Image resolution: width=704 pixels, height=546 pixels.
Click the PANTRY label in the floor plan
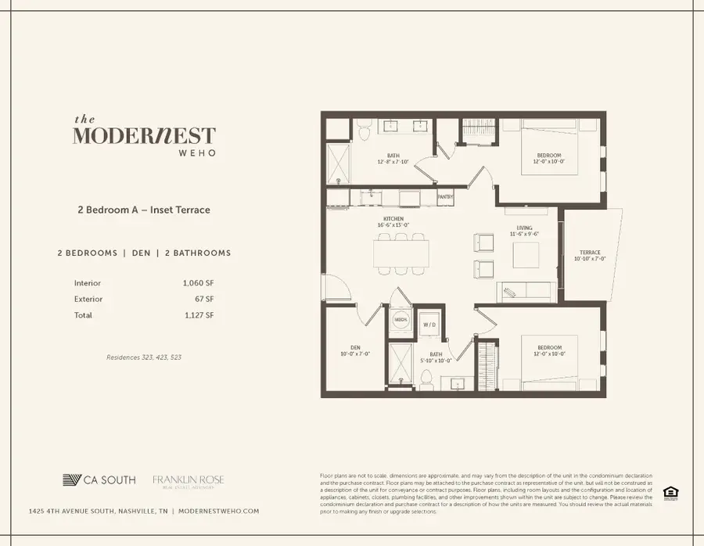(x=445, y=197)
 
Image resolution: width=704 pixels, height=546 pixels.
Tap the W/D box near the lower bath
(x=429, y=324)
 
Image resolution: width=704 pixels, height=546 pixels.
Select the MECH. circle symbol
(x=400, y=320)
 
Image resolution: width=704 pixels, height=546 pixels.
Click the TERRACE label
(x=590, y=252)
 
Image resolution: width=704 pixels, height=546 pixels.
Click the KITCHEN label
(x=394, y=219)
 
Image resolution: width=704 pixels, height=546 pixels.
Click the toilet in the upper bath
(x=365, y=134)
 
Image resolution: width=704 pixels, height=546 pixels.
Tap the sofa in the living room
(x=526, y=292)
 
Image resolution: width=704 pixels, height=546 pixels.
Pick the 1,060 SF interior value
(x=199, y=283)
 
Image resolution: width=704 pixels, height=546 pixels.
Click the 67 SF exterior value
(x=205, y=299)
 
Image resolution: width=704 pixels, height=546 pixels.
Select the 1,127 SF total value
(x=199, y=315)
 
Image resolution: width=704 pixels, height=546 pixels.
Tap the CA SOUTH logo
(x=99, y=480)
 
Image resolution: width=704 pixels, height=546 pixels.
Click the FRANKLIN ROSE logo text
(x=189, y=479)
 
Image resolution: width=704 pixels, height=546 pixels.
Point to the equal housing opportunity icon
(x=670, y=493)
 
